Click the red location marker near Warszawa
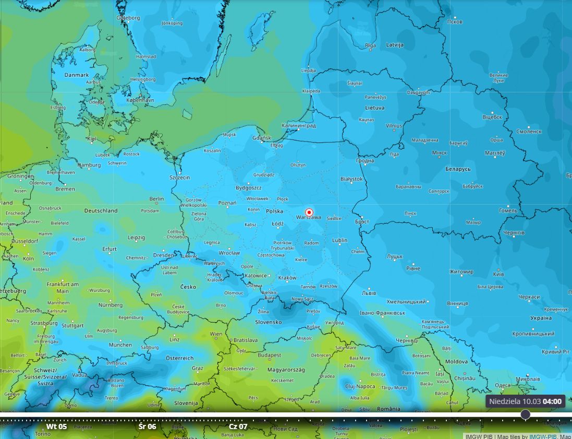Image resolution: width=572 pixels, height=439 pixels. [309, 212]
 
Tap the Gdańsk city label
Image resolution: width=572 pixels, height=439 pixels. [261, 138]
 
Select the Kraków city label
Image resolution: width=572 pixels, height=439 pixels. [287, 278]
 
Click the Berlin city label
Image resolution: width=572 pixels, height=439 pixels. [156, 199]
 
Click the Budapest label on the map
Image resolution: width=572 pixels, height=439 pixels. [269, 355]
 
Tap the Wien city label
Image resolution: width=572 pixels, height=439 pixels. [215, 334]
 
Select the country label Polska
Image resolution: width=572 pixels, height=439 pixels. [274, 211]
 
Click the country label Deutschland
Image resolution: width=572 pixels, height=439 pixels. [101, 211]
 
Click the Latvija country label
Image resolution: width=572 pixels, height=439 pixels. [394, 45]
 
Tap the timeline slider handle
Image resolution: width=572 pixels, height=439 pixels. [526, 414]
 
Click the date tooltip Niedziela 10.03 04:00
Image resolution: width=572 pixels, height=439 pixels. [526, 401]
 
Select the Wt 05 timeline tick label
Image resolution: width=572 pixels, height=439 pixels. [56, 426]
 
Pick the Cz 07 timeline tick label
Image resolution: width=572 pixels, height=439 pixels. [238, 426]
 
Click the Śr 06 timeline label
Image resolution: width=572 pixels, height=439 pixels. [148, 426]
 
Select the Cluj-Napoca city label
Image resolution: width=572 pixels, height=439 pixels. [360, 386]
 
